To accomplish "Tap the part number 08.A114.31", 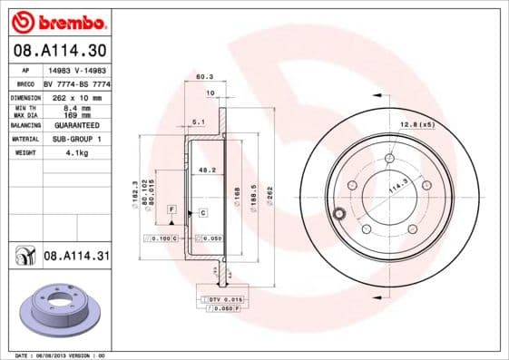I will pyautogui.click(x=76, y=257).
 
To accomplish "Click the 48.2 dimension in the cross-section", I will pyautogui.click(x=206, y=170).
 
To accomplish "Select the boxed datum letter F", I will pyautogui.click(x=170, y=209).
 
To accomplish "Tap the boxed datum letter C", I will pyautogui.click(x=203, y=212).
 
